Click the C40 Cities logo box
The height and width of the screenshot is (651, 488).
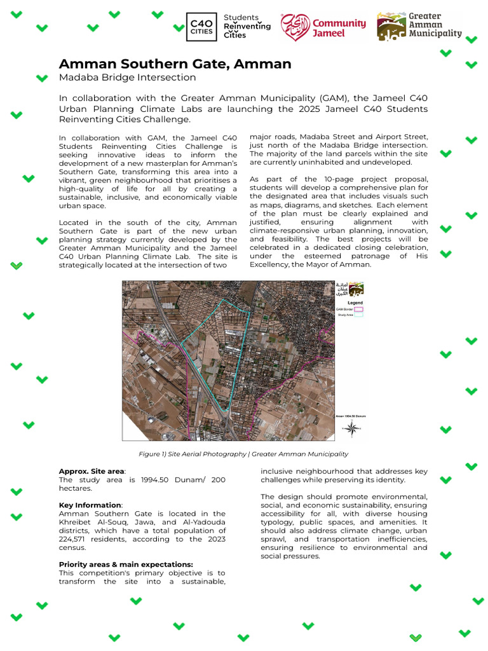(201, 27)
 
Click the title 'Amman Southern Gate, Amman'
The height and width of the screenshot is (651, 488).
(175, 64)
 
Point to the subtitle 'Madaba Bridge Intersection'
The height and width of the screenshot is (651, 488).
(127, 78)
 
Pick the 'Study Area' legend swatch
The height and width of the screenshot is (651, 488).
(358, 315)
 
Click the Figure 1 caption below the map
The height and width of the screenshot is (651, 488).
(243, 454)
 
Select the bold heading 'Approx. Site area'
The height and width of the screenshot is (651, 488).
(91, 471)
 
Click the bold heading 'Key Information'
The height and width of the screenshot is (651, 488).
(90, 505)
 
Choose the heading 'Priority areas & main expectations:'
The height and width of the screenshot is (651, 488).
(126, 564)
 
